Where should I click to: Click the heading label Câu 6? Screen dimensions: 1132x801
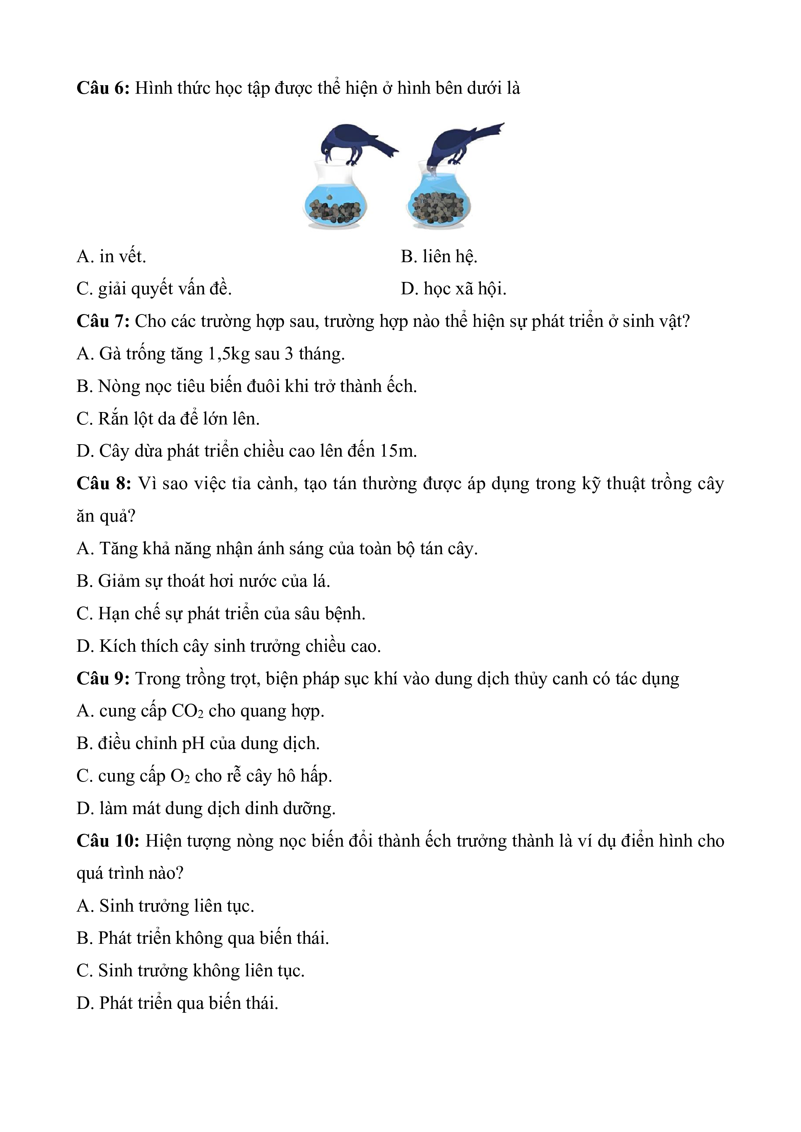coord(103,88)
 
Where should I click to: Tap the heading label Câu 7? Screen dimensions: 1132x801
coord(103,321)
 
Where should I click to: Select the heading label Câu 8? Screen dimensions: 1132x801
coord(103,484)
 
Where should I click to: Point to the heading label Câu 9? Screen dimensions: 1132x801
coord(103,679)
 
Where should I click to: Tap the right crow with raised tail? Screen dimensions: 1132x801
coord(461,143)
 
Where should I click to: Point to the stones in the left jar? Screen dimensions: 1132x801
coord(335,212)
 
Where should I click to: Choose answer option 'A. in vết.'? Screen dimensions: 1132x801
coord(112,257)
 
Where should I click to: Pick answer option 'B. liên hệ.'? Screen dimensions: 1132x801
coord(439,257)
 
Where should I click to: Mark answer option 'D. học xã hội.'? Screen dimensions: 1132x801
coord(453,289)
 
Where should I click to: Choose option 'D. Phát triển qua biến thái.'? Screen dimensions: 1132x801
coord(177,1003)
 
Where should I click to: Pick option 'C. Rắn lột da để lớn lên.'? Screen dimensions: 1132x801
coord(168,419)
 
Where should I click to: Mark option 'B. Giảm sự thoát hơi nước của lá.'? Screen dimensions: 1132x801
coord(203,581)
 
